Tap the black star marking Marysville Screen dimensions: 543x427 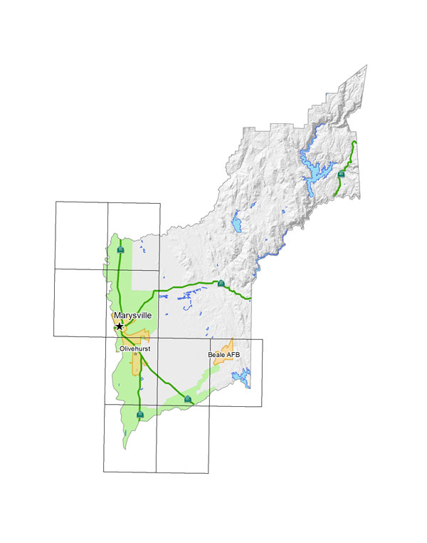tap(120, 326)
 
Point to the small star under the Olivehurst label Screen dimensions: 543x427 tap(135, 354)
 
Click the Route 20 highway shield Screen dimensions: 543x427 tap(221, 284)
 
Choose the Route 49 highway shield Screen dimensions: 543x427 tap(342, 174)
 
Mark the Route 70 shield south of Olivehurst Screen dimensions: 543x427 tap(139, 414)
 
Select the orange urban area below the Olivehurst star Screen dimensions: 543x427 tap(136, 364)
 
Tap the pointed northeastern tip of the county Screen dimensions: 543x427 tap(366, 66)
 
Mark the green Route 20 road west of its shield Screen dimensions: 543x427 tap(185, 286)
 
